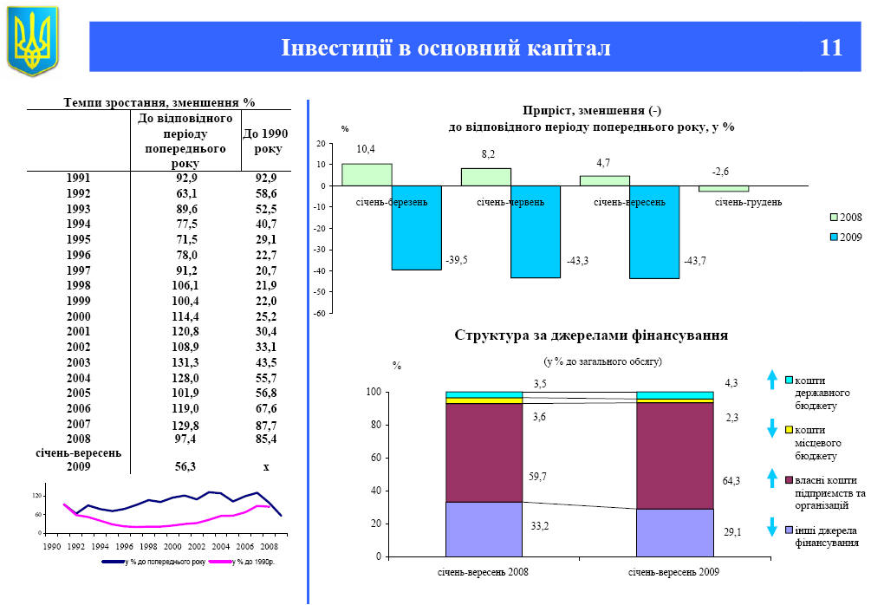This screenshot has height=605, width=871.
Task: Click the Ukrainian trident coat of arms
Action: point(32,41)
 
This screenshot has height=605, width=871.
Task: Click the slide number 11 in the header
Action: point(830,48)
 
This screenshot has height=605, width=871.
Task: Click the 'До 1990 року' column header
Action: point(265,141)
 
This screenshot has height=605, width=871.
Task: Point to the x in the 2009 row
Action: point(266,466)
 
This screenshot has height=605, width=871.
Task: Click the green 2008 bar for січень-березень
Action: point(367,174)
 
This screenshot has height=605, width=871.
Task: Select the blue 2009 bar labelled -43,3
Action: point(535,231)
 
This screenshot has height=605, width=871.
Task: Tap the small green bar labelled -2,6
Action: point(723,188)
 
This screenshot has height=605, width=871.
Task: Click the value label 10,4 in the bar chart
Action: point(366,150)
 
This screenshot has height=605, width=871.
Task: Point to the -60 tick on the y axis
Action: point(320,314)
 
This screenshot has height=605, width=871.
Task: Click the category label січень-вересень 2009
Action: point(674,572)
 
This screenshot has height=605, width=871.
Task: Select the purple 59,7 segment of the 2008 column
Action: point(484,452)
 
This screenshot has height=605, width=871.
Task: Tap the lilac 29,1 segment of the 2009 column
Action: point(674,532)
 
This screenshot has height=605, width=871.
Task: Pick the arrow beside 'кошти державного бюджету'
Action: point(772,380)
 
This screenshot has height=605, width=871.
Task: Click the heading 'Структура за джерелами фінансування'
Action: point(590,335)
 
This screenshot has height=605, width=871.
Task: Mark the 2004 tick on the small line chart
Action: point(220,547)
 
